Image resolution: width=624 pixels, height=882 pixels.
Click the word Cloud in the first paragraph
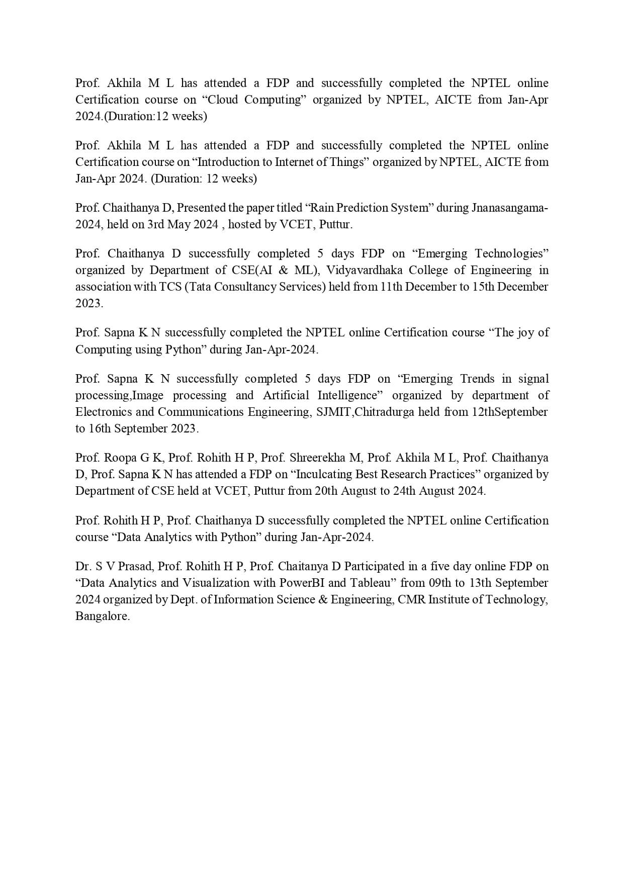pyautogui.click(x=223, y=100)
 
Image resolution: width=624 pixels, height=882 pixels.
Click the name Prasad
pyautogui.click(x=135, y=566)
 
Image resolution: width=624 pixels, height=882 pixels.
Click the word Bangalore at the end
pyautogui.click(x=102, y=616)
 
